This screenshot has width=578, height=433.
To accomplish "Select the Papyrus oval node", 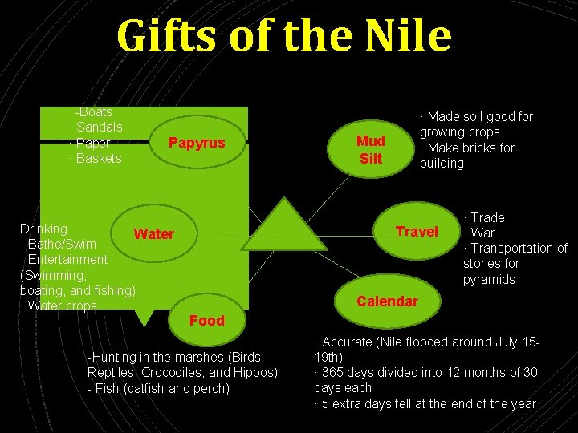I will click(196, 143).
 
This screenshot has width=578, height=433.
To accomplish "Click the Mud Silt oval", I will click(371, 149).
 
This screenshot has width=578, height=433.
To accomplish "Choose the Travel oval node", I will click(417, 232).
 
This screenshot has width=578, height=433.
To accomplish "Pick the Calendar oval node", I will click(387, 301).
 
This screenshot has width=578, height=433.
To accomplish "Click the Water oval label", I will click(153, 233).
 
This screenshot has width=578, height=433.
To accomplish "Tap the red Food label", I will click(206, 320).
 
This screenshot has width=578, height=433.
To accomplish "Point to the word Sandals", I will click(99, 127).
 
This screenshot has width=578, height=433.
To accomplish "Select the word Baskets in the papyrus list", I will click(99, 158).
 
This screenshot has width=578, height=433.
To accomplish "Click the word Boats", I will click(95, 112).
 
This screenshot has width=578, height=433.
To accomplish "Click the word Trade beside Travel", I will click(487, 217).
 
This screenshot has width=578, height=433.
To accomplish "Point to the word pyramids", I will click(489, 279).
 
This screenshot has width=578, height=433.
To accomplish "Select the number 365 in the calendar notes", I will click(335, 372).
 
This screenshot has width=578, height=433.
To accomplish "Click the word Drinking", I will click(43, 229).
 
